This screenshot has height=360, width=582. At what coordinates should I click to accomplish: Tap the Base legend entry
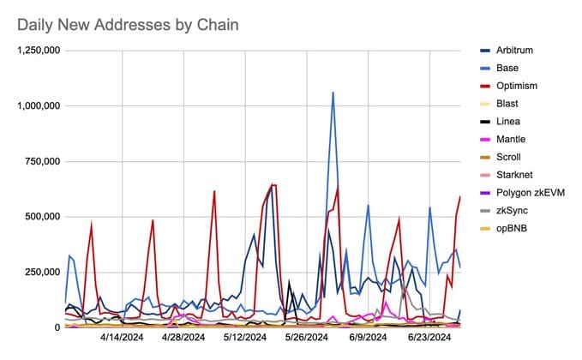click(511, 69)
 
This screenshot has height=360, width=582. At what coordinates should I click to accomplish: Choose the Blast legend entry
click(511, 104)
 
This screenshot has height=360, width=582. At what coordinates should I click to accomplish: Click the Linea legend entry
click(512, 122)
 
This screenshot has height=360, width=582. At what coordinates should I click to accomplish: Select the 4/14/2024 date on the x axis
click(123, 339)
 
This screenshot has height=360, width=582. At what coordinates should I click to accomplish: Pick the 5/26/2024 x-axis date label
click(307, 339)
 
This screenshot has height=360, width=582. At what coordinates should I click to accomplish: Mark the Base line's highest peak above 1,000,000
click(333, 92)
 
